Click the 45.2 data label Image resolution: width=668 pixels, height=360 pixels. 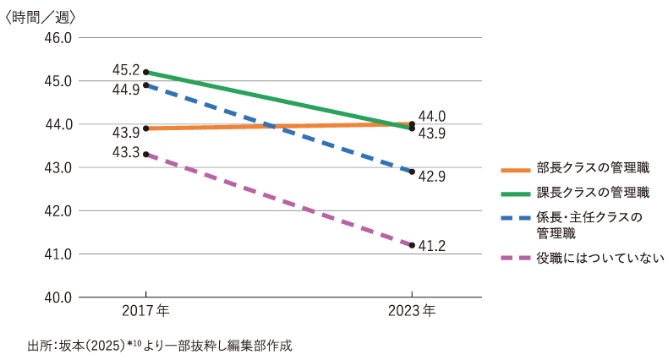(125, 69)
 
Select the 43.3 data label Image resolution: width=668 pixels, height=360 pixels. (125, 152)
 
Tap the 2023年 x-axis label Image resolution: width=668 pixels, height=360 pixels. (412, 311)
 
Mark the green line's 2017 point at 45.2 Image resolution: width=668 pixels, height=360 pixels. (146, 72)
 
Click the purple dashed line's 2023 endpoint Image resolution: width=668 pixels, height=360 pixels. (412, 245)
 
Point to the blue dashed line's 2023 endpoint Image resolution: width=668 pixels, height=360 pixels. (412, 172)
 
